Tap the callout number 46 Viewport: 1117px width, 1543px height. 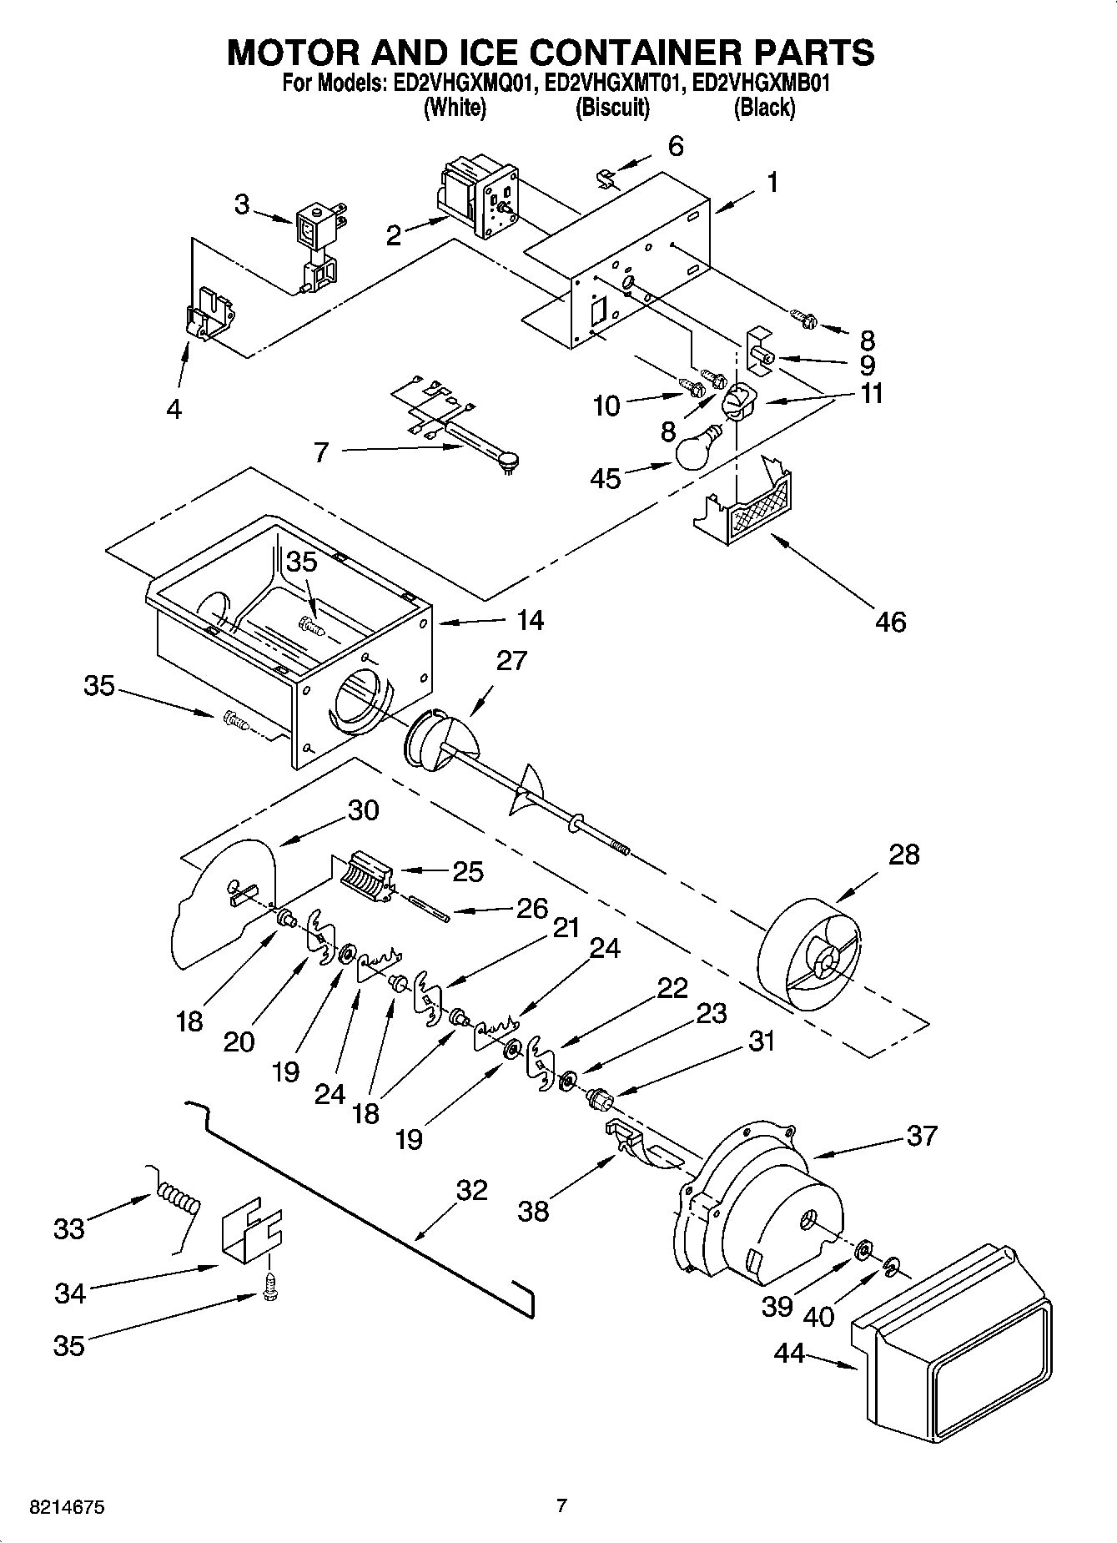891,622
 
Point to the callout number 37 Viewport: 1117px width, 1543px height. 921,1136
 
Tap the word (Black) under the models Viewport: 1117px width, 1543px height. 763,107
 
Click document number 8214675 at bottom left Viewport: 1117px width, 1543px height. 67,1508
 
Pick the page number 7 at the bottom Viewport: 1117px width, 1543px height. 561,1505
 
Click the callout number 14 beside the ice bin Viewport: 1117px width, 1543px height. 530,620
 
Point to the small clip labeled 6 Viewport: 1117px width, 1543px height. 607,179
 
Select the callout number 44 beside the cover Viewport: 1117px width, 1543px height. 789,1353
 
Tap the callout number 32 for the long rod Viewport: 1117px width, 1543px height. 471,1190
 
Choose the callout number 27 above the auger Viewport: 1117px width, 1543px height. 511,660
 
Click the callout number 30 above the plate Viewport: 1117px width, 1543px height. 363,810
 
